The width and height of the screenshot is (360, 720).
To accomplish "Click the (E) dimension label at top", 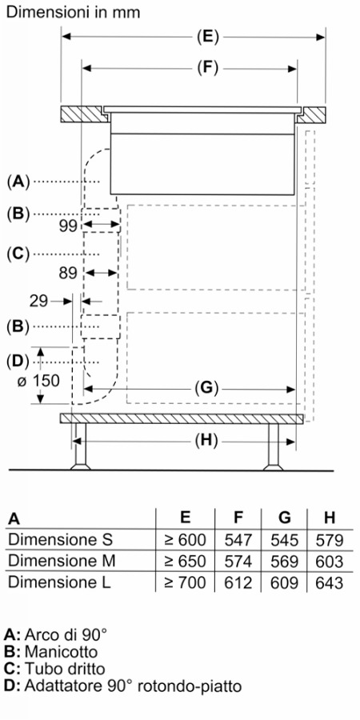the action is [207, 37].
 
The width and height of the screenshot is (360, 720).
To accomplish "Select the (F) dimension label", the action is [207, 69].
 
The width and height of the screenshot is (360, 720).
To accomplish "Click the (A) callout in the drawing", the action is [18, 182].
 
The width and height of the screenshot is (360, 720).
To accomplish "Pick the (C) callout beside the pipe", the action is [18, 254].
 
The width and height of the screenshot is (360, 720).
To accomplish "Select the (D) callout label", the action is [18, 362].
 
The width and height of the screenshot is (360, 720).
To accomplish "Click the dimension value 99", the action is [70, 226].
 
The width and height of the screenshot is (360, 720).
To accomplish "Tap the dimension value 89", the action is [70, 273].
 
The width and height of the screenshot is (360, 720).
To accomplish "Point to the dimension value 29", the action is [38, 302].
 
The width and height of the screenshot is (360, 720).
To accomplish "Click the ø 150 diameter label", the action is [38, 381].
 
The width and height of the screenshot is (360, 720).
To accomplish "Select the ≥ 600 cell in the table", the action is [186, 540].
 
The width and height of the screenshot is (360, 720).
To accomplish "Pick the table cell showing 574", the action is [238, 561].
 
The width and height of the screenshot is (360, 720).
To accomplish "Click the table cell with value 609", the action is [285, 582].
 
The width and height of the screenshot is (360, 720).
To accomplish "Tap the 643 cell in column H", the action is [330, 582].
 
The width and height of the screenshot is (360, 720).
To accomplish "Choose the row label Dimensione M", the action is [62, 561].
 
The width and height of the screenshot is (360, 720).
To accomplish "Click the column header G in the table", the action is [285, 518].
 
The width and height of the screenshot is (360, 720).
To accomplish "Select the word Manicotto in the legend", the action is [61, 651].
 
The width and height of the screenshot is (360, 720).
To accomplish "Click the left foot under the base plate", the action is [80, 446].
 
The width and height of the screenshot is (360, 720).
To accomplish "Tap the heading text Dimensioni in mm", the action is [73, 12].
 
